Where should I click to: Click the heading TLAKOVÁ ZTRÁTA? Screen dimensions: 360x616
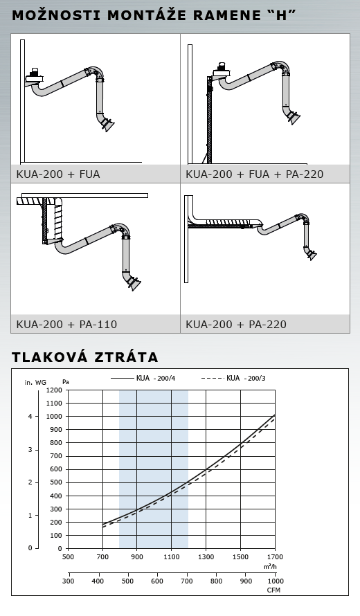point(85,356)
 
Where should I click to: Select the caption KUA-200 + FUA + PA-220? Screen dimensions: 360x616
point(254,174)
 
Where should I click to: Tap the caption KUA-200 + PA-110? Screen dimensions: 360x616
point(66,324)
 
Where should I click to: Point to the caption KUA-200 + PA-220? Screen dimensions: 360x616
point(236,324)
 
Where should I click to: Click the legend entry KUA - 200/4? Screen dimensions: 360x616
point(143,378)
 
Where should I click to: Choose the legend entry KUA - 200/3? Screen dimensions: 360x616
point(233,378)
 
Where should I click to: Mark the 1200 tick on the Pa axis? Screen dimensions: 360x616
point(54,390)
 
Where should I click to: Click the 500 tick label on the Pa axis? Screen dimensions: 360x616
point(56,482)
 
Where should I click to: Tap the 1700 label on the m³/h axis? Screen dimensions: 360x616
point(275,556)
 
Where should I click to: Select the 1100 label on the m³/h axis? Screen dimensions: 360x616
point(172,556)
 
